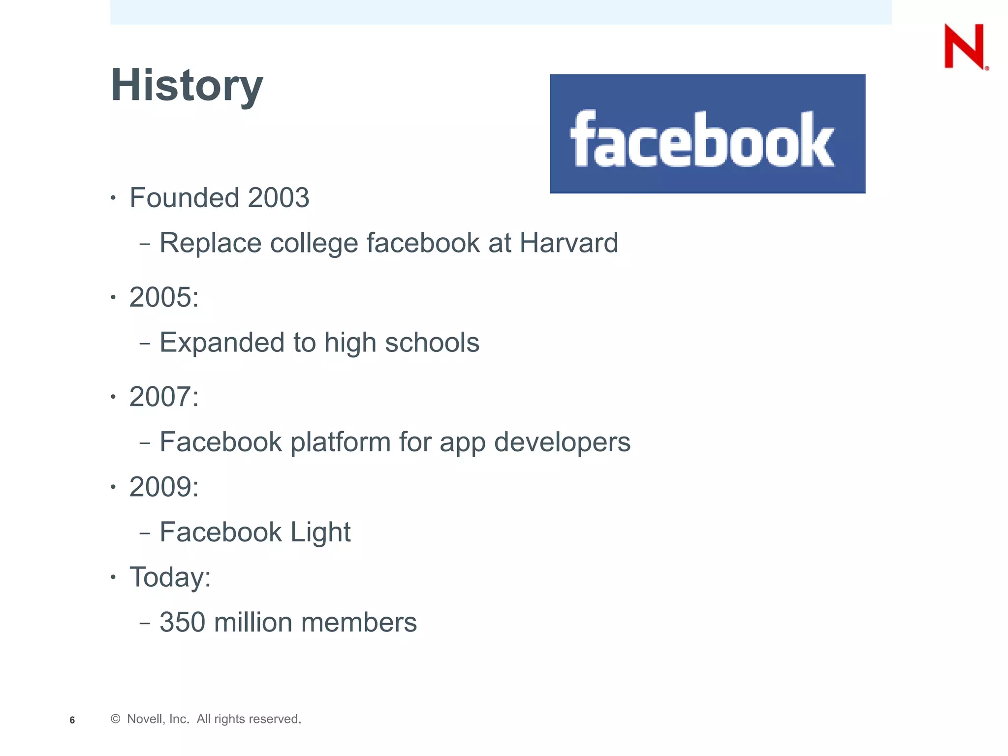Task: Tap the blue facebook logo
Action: coord(707,134)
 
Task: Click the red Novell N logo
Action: coord(965,46)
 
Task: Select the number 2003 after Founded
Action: coord(279,198)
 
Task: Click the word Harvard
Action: coord(568,243)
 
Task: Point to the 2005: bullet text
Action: coord(164,297)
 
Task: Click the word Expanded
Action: coord(222,343)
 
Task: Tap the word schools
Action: coord(432,343)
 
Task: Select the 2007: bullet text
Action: coord(164,397)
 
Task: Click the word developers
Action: coord(562,442)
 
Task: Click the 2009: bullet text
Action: coord(164,487)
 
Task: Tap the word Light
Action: coord(320,533)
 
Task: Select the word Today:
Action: coord(170,577)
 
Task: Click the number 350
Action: coord(183,623)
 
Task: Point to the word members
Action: coord(359,623)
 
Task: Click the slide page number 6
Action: coord(72,720)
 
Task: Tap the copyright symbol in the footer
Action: coord(116,719)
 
